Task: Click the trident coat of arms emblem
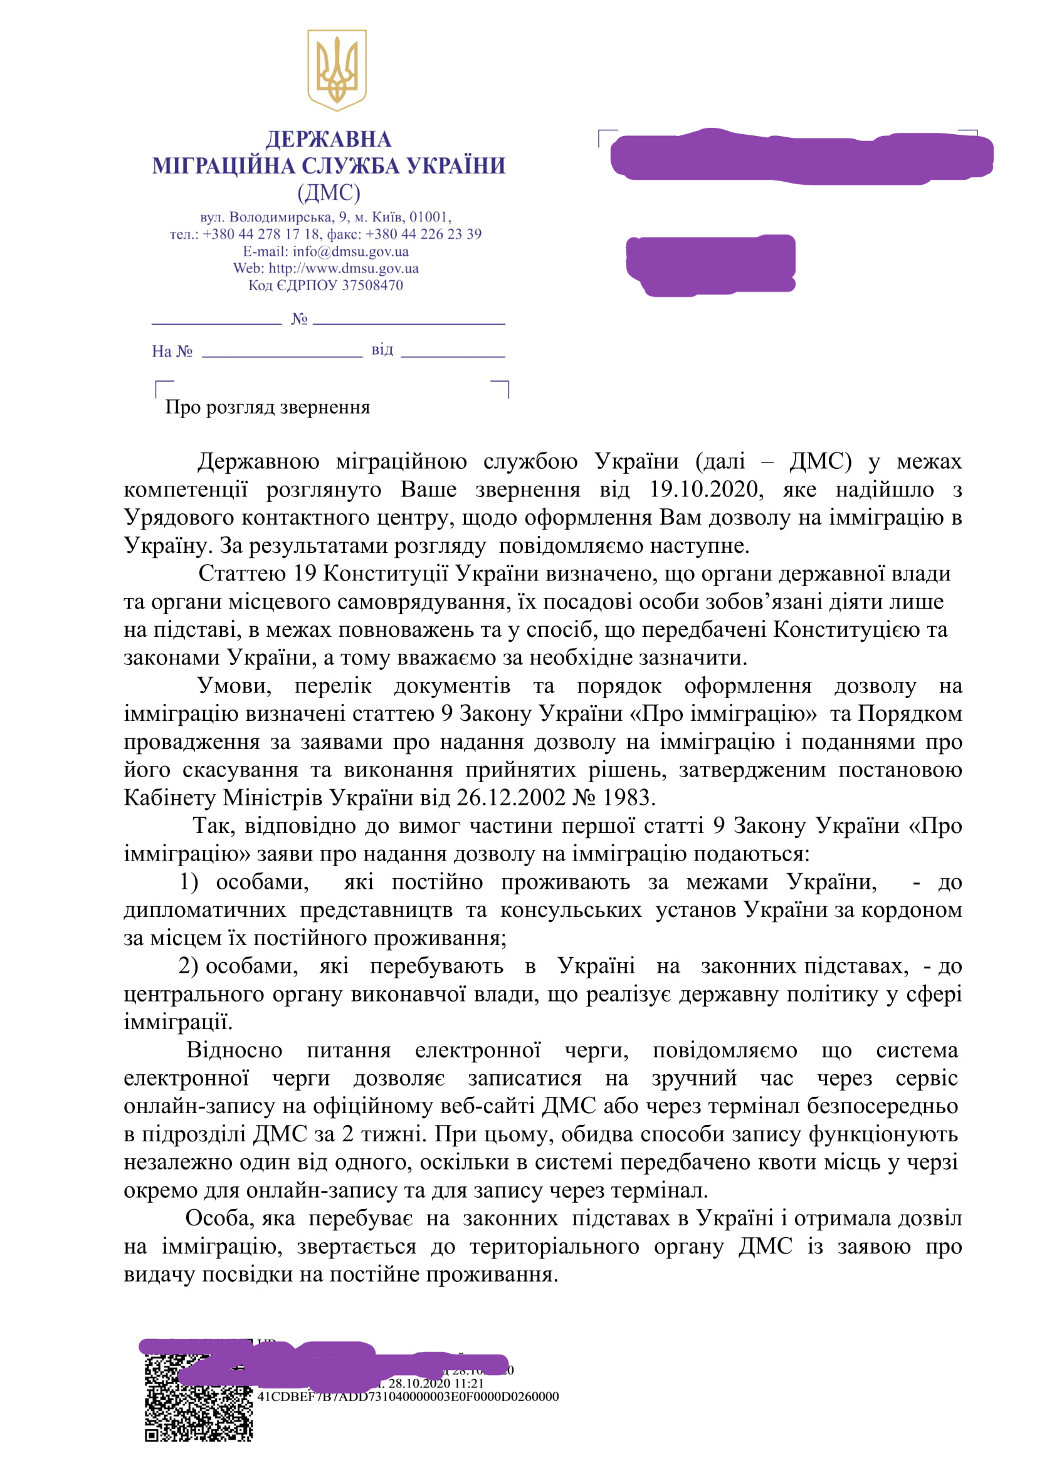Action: point(337,69)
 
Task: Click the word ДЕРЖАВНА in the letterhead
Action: point(328,139)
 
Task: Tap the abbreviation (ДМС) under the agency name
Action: point(328,192)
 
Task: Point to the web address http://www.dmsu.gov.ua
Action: point(344,268)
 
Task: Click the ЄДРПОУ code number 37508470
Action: point(372,285)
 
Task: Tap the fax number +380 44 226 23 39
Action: point(423,234)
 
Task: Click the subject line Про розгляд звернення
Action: point(268,407)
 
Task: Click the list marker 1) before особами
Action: point(188,882)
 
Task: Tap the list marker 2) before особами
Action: point(188,966)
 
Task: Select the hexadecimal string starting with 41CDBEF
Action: point(408,1396)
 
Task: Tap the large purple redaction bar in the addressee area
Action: point(801,157)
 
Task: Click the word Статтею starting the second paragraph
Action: point(241,573)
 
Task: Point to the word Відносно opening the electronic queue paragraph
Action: point(234,1050)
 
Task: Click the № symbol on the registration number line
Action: point(299,318)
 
